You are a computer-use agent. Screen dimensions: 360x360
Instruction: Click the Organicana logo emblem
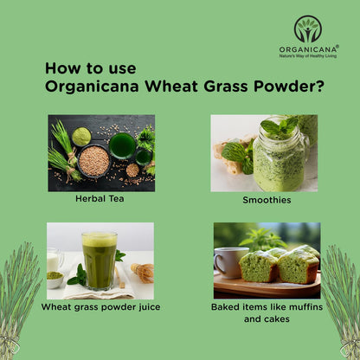(x=307, y=29)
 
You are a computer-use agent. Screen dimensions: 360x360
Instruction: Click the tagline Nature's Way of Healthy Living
(x=307, y=56)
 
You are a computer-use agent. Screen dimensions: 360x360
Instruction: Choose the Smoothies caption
(x=267, y=200)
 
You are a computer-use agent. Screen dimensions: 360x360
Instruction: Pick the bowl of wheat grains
(x=93, y=160)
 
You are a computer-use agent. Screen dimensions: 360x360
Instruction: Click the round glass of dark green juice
(x=122, y=145)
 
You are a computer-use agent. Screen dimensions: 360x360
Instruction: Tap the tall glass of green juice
(x=99, y=260)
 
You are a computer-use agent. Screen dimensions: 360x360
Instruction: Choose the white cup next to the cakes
(x=228, y=262)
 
